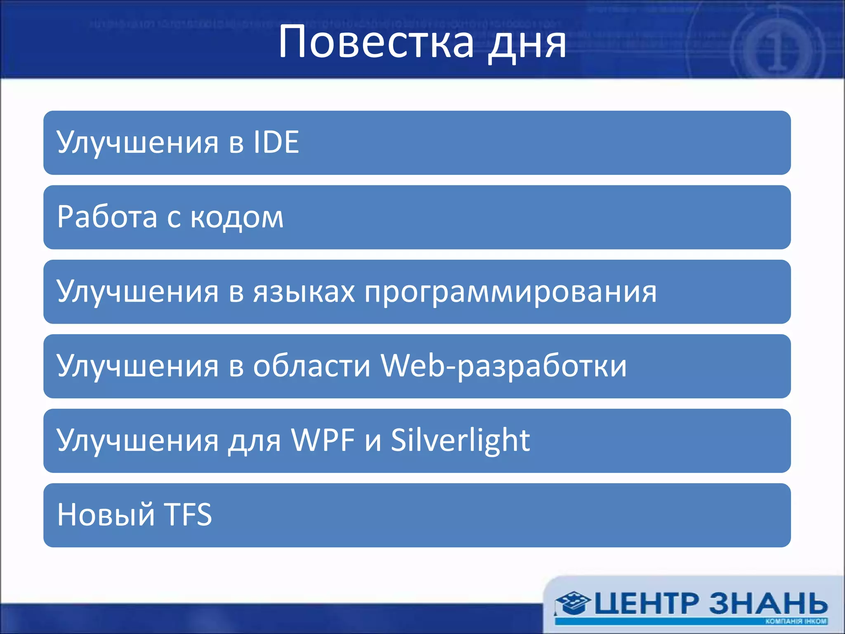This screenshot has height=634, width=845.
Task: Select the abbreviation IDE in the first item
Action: [x=276, y=142]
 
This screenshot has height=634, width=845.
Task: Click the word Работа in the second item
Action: [x=107, y=217]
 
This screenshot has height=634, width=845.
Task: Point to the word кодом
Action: [x=237, y=218]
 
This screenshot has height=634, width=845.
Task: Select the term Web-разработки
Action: [x=503, y=367]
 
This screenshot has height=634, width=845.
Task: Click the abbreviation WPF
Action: [x=323, y=440]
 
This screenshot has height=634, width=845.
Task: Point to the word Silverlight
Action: [x=460, y=441]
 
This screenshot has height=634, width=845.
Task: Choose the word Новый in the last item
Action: [x=106, y=515]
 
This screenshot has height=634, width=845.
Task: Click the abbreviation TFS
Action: [x=188, y=515]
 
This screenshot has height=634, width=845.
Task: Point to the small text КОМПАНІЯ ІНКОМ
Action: [x=796, y=621]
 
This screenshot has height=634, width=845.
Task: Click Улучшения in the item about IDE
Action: [x=137, y=143]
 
